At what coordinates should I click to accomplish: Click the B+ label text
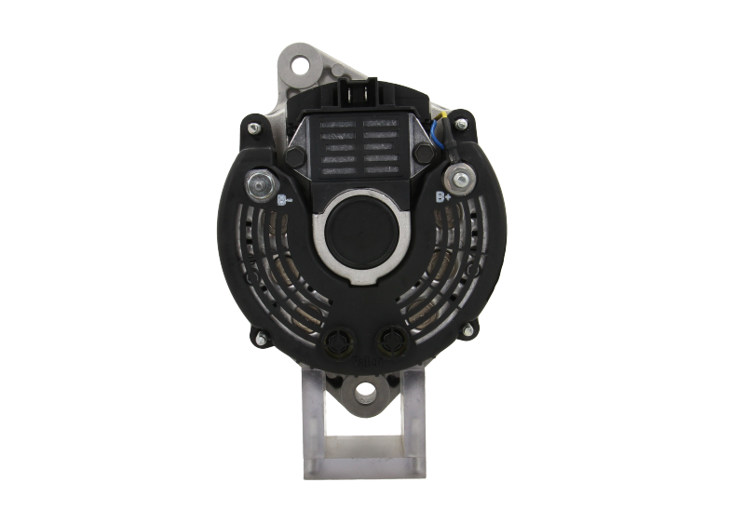click(445, 196)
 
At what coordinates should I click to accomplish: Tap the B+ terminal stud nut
click(458, 176)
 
